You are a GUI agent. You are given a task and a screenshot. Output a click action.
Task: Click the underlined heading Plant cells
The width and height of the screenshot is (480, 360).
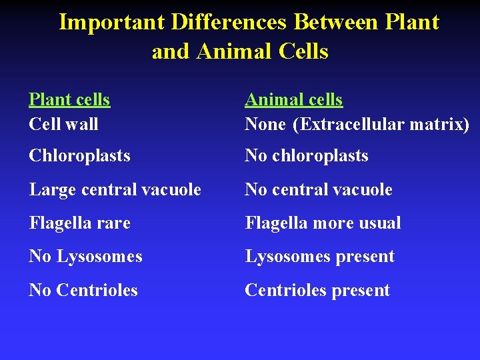coord(69,100)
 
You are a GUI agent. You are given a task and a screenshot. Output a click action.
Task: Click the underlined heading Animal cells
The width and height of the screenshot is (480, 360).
coord(293,100)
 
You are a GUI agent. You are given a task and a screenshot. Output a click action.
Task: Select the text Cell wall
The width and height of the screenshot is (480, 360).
coord(63,124)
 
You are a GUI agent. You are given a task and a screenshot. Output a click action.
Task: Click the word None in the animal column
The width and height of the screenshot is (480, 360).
coord(265,124)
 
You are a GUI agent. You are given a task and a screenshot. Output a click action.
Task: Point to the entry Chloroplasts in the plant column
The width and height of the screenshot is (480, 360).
coord(79,156)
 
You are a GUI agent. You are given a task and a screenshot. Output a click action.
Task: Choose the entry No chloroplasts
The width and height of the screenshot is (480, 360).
coord(306,156)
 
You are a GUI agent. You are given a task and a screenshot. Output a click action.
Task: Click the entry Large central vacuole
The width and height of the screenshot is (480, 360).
coord(115,190)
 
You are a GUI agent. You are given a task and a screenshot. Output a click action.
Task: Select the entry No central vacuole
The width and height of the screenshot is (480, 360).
coord(318,190)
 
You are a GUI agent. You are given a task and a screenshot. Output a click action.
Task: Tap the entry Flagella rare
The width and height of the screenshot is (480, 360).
coord(79,223)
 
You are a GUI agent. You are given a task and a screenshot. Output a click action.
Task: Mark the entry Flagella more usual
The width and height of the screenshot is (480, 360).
coord(323,223)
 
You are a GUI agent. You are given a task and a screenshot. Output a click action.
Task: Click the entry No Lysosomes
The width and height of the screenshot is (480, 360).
coord(85,257)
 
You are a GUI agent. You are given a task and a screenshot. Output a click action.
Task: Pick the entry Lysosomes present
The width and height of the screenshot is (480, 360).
coord(319,257)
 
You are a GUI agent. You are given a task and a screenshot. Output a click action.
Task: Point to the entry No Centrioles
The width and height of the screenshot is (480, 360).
coord(83,291)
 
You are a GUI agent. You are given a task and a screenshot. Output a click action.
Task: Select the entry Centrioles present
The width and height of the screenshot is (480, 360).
coord(317,291)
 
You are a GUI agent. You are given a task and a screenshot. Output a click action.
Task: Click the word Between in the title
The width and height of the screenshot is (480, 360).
coord(336,23)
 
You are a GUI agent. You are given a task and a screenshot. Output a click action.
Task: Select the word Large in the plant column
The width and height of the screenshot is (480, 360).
coord(49,190)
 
